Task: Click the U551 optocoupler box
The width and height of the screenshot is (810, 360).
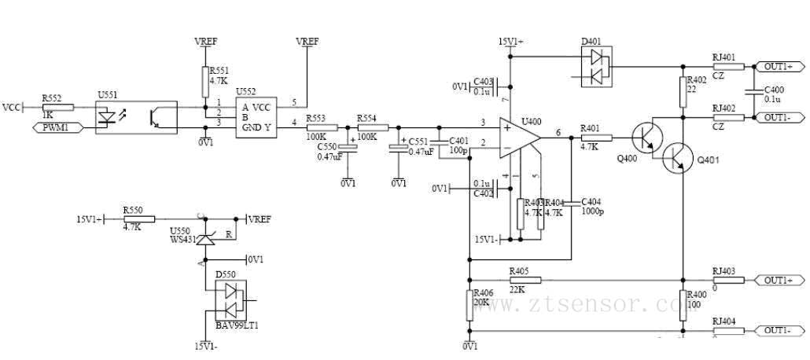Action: [x=135, y=117]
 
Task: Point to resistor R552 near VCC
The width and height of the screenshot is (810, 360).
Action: [x=58, y=107]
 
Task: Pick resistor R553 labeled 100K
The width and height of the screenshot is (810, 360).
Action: [x=322, y=127]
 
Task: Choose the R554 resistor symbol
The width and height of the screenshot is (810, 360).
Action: [x=370, y=127]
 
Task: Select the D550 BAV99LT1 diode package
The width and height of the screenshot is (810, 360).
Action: [x=231, y=299]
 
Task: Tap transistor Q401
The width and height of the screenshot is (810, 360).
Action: [x=675, y=158]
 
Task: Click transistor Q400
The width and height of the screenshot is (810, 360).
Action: [x=646, y=138]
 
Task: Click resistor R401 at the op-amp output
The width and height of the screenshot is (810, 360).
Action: [x=595, y=138]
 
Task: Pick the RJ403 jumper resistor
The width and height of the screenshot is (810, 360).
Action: [x=727, y=280]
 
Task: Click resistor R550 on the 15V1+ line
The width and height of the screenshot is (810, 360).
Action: [x=139, y=219]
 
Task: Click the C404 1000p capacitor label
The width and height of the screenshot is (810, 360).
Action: [x=592, y=207]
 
